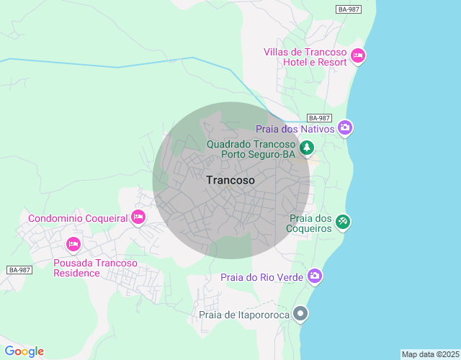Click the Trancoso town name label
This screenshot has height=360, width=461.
[230, 180]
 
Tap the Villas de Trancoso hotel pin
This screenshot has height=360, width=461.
[358, 55]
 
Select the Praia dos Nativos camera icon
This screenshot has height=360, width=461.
[345, 128]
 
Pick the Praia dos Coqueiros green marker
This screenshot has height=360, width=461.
[343, 222]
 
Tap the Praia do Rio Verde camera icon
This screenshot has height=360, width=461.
[314, 276]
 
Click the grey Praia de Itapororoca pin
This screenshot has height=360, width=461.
[301, 314]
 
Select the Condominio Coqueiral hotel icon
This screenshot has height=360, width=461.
[138, 217]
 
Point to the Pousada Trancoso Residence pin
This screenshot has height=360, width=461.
[73, 245]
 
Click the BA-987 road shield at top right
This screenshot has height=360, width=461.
[349, 9]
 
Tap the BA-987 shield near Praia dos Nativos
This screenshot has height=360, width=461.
[318, 117]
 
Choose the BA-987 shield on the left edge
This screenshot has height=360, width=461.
[19, 270]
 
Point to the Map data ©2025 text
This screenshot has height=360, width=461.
[430, 354]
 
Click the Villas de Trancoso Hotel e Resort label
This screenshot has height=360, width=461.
[306, 57]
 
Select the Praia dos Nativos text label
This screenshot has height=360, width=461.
[295, 129]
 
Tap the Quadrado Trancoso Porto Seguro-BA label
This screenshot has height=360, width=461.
[251, 148]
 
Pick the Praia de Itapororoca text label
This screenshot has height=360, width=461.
[244, 315]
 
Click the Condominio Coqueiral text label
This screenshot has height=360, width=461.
[78, 218]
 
